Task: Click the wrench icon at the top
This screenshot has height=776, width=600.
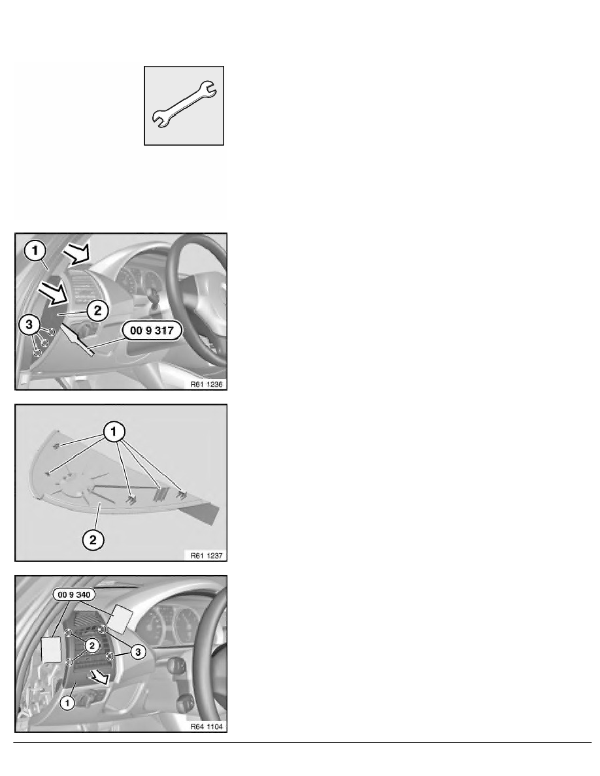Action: tap(184, 105)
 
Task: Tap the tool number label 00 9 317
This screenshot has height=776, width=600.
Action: tap(152, 330)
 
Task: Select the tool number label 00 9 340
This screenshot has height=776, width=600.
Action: tap(75, 594)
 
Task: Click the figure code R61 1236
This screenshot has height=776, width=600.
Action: tap(207, 384)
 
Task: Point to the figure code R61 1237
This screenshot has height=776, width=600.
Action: tap(207, 555)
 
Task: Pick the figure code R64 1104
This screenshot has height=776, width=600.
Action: tap(207, 726)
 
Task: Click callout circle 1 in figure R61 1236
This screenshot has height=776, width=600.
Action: tap(35, 251)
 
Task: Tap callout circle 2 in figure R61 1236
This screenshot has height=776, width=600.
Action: tap(97, 311)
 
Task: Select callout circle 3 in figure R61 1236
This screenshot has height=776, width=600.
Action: tap(29, 325)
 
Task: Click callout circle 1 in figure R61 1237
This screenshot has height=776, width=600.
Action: tap(114, 432)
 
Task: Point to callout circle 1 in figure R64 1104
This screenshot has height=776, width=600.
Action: tap(67, 702)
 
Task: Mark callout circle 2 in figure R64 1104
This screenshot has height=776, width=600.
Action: tap(92, 645)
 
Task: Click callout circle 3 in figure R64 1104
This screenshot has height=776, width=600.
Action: tap(138, 652)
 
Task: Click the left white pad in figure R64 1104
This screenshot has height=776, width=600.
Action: tap(50, 649)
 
